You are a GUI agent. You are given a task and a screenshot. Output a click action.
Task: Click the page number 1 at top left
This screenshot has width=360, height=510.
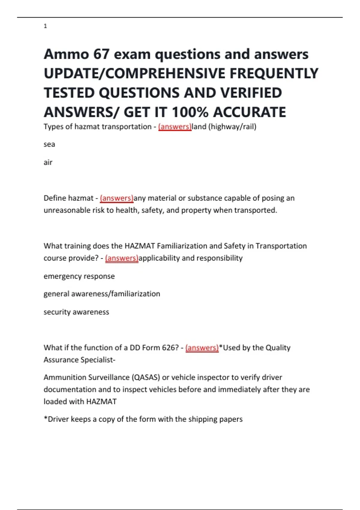pos(45,26)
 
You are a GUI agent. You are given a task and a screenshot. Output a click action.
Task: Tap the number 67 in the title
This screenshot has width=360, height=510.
pos(101,54)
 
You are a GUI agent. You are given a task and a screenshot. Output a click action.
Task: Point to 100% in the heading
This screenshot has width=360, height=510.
pos(190,112)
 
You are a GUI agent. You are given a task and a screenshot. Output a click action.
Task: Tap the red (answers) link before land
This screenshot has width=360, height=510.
pos(175,127)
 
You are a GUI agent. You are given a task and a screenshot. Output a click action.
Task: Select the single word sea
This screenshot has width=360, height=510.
pos(49,144)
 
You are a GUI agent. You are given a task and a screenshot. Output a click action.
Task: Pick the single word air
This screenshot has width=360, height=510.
pos(48,162)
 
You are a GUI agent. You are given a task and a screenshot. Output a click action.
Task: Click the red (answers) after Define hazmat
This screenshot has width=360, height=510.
pos(116,198)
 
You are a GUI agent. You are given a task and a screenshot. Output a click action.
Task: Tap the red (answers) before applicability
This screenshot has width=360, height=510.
pos(121,258)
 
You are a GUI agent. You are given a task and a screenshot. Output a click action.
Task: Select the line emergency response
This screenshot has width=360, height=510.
pos(79,276)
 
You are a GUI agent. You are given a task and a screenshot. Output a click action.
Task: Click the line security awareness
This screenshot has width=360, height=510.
pos(76,312)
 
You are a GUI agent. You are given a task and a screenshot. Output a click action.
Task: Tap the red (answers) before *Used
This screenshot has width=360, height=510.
pos(202,348)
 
